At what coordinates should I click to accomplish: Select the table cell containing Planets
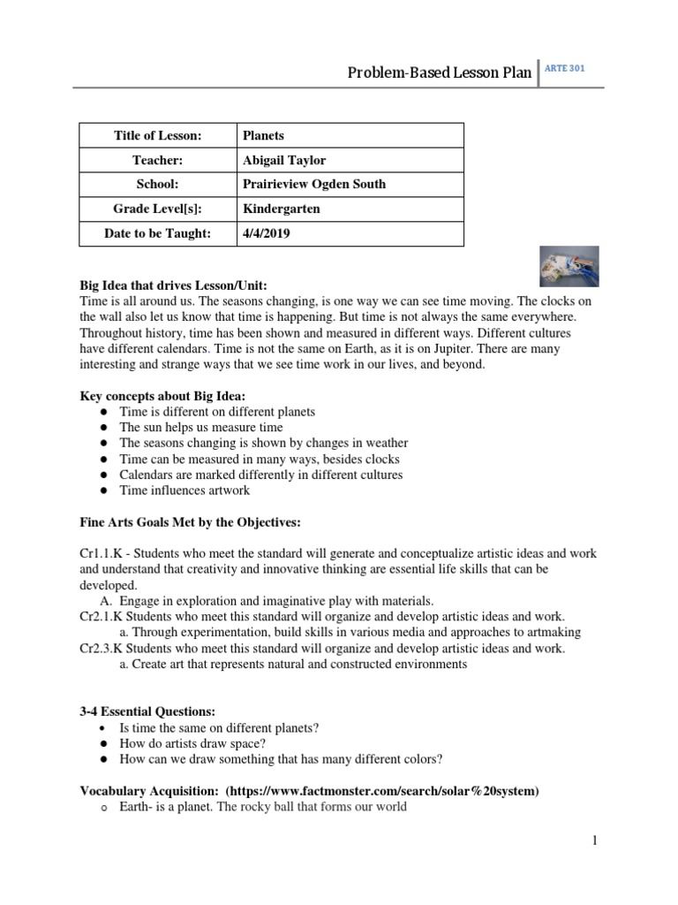tap(263, 135)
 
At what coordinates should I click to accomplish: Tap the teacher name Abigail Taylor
tap(283, 160)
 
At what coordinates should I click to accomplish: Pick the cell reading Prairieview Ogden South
tap(313, 185)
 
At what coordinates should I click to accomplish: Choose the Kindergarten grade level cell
tap(282, 209)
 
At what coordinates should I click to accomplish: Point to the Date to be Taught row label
tap(158, 233)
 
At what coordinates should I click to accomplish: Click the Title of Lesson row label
tap(158, 135)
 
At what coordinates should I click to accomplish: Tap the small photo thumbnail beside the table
tap(569, 266)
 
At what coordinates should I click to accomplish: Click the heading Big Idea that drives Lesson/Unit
tap(173, 285)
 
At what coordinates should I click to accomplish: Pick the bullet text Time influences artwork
tap(185, 490)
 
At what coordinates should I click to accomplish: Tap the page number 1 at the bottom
tap(595, 840)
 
